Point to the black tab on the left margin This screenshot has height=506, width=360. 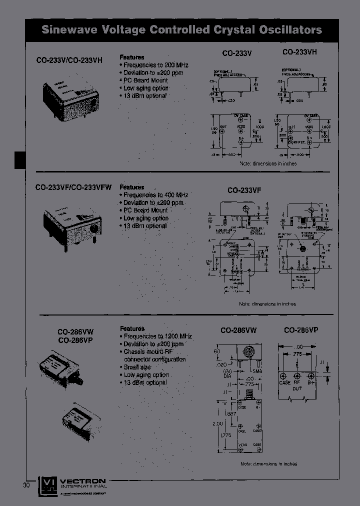[19, 160]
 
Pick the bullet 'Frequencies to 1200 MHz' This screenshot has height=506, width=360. [155, 336]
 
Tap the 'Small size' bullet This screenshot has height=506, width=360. [137, 367]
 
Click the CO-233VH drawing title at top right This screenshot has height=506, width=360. [299, 51]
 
